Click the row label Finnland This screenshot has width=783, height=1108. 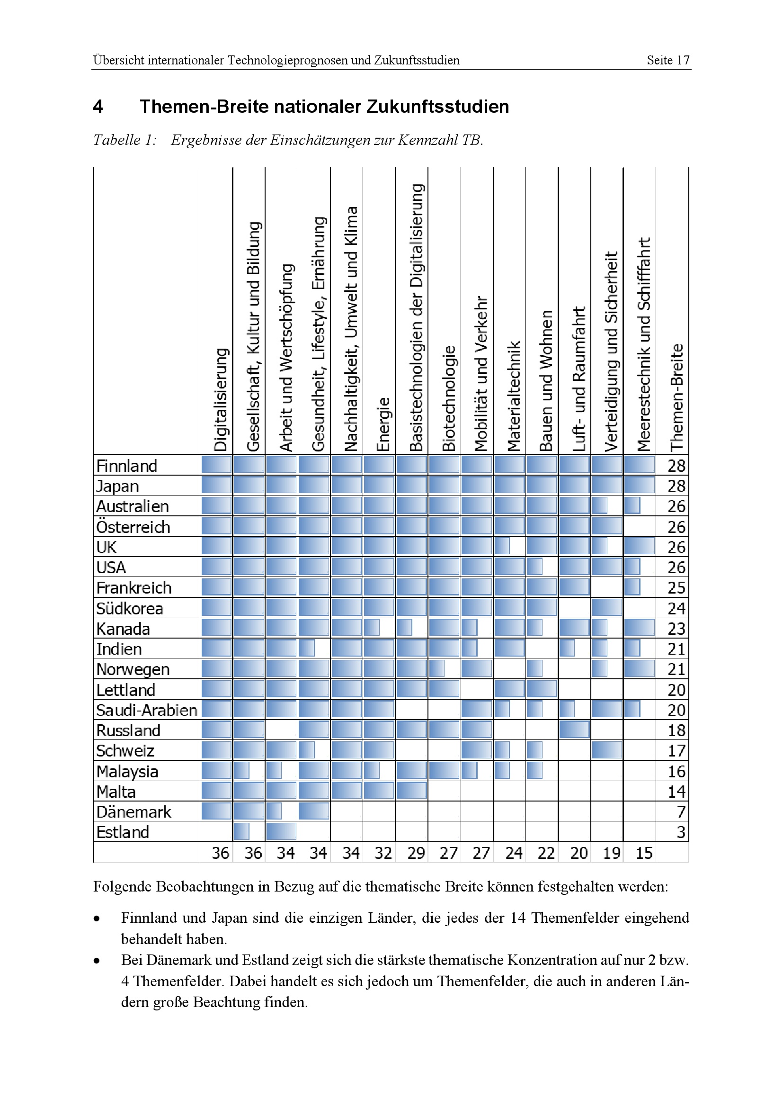pyautogui.click(x=127, y=466)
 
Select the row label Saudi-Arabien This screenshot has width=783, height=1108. pyautogui.click(x=147, y=711)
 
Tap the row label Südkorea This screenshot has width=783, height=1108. pyautogui.click(x=130, y=609)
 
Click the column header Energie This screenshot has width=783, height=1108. pyautogui.click(x=383, y=424)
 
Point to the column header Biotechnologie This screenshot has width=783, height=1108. pyautogui.click(x=448, y=398)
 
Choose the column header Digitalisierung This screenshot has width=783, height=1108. pyautogui.click(x=220, y=400)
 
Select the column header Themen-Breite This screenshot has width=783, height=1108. pyautogui.click(x=676, y=397)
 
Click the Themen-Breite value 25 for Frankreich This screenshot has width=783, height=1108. pyautogui.click(x=676, y=588)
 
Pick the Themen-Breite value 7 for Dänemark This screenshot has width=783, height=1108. pyautogui.click(x=680, y=812)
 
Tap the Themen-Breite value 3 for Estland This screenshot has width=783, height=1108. pyautogui.click(x=680, y=832)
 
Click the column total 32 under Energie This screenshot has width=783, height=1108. pyautogui.click(x=383, y=853)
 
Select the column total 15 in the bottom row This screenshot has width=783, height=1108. pyautogui.click(x=644, y=853)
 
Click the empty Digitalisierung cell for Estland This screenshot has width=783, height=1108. pyautogui.click(x=216, y=832)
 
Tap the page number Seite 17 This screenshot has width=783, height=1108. pyautogui.click(x=668, y=60)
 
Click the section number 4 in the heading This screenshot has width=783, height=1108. pyautogui.click(x=98, y=107)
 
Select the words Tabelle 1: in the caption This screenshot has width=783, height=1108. pyautogui.click(x=125, y=140)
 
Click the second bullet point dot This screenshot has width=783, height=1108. pyautogui.click(x=97, y=960)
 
